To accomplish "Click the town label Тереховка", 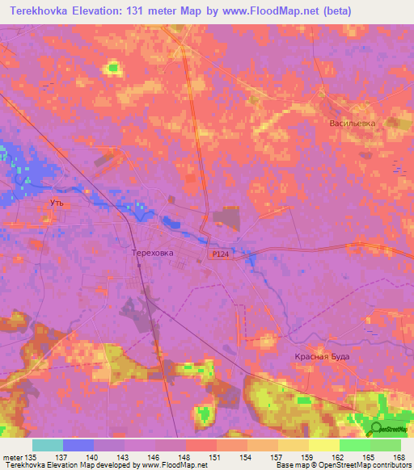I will (x=152, y=253).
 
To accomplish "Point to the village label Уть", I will (x=57, y=204).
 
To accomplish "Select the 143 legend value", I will (x=124, y=457).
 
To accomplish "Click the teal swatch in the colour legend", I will (x=48, y=445).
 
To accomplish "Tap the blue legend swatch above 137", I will (x=78, y=445).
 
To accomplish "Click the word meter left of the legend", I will (x=12, y=457).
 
